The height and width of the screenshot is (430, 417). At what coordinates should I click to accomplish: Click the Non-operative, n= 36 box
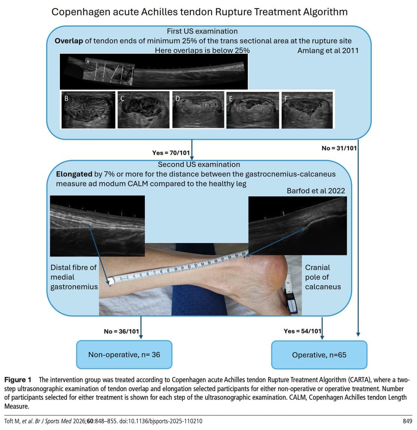(x=124, y=354)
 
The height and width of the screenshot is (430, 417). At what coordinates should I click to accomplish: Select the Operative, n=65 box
(x=319, y=355)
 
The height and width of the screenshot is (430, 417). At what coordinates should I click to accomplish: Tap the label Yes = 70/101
(x=171, y=153)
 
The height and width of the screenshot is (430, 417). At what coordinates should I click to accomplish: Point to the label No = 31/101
(x=339, y=148)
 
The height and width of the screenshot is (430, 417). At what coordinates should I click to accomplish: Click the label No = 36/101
(x=121, y=331)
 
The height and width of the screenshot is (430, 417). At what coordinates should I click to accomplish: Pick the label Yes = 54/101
(x=302, y=331)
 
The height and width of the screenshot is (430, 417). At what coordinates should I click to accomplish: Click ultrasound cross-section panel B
(x=88, y=110)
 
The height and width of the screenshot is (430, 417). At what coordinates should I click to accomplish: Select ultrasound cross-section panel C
(x=143, y=110)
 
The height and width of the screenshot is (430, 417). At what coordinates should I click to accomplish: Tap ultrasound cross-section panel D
(x=198, y=110)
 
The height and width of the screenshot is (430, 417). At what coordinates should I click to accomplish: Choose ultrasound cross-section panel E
(x=253, y=110)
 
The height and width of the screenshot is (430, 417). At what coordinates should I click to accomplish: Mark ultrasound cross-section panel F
(x=307, y=110)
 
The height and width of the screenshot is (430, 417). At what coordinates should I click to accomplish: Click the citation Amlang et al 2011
(x=328, y=50)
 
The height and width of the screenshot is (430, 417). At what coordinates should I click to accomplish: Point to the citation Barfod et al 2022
(x=316, y=191)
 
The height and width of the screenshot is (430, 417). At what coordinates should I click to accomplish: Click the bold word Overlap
(x=69, y=41)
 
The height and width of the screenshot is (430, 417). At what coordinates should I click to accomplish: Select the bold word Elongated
(x=74, y=174)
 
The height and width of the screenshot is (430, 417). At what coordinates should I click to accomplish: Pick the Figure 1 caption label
(x=18, y=380)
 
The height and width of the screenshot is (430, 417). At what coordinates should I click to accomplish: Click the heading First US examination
(x=202, y=31)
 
